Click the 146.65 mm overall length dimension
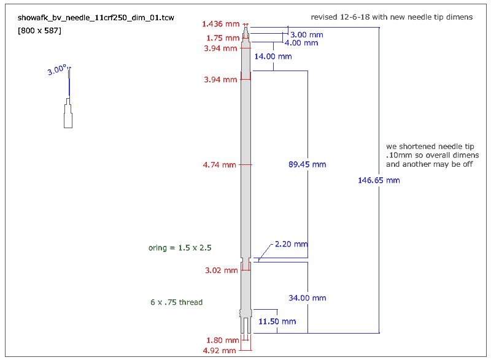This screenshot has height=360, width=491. click(x=379, y=180)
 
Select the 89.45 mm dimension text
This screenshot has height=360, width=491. click(x=307, y=164)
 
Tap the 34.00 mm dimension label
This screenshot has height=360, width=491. click(x=307, y=298)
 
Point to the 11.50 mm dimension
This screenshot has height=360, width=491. click(x=277, y=321)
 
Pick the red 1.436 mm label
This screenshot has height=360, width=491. click(x=220, y=24)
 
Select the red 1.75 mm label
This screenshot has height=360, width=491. click(x=223, y=38)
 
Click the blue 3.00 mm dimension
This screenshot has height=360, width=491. click(x=306, y=35)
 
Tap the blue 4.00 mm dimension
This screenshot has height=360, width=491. click(x=301, y=43)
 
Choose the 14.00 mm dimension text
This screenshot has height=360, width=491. click(x=273, y=56)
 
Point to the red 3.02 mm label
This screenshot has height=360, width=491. click(x=222, y=270)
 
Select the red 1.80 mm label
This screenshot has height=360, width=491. click(x=223, y=340)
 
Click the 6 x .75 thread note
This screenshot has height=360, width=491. click(x=176, y=302)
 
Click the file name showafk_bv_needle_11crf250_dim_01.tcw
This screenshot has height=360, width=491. click(x=96, y=18)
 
